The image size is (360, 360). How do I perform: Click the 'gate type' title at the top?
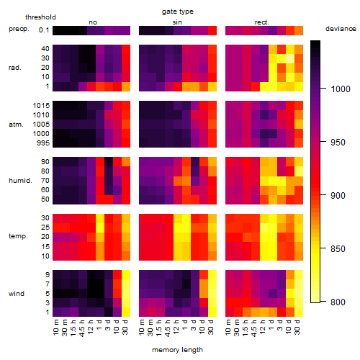coord(178,12)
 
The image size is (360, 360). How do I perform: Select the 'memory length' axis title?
coord(177,350)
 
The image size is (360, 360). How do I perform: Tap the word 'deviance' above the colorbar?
coord(341,29)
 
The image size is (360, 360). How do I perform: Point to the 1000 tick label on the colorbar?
coord(341,89)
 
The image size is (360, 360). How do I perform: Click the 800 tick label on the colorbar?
coord(338,302)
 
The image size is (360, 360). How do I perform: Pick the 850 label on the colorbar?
coord(338,248)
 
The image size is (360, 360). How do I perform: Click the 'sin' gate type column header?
coord(177,22)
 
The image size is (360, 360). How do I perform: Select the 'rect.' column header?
coord(262,22)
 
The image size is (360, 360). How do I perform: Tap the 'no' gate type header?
coord(93,22)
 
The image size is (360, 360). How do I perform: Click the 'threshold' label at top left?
coord(40,17)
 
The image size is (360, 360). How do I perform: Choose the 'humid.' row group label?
coord(20,181)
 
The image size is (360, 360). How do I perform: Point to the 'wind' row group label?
coord(17,294)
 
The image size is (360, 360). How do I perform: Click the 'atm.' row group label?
coord(16,125)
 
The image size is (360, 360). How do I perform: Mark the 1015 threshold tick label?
coord(41,106)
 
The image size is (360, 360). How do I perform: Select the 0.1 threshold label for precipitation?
coord(44,30)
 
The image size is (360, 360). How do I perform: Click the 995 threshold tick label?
coord(43,143)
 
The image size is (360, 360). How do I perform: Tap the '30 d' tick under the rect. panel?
coord(297,327)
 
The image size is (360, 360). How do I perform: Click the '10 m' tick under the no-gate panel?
coord(55,327)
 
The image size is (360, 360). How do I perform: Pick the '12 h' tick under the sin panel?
coord(176,327)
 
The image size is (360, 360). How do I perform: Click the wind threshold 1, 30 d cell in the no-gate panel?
coord(126,312)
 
